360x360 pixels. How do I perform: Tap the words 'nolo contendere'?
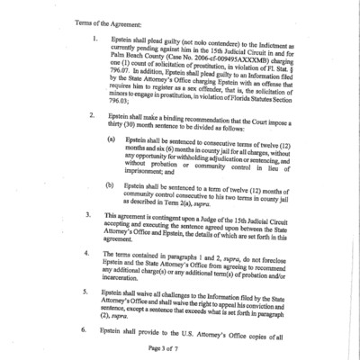[x=212, y=41]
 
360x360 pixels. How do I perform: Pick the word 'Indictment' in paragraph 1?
[x=269, y=41]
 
